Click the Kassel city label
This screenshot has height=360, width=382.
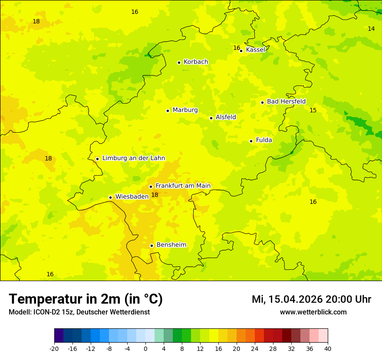pyautogui.click(x=255, y=50)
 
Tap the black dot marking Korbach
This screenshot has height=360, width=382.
pyautogui.click(x=179, y=62)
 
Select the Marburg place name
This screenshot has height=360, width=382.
pyautogui.click(x=185, y=110)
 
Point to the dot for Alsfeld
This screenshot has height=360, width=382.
pyautogui.click(x=211, y=118)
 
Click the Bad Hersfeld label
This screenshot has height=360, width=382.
pyautogui.click(x=286, y=101)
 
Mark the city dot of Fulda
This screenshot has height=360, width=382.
pyautogui.click(x=251, y=141)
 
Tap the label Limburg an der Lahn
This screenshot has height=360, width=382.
pyautogui.click(x=134, y=158)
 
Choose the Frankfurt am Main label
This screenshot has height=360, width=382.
pyautogui.click(x=183, y=186)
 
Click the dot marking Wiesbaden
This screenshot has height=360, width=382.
pyautogui.click(x=110, y=197)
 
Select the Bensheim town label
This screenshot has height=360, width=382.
pyautogui.click(x=171, y=245)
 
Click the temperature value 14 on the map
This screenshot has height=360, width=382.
pyautogui.click(x=371, y=29)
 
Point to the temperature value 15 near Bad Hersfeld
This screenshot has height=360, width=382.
pyautogui.click(x=313, y=110)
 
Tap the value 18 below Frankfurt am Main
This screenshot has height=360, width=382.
pyautogui.click(x=155, y=195)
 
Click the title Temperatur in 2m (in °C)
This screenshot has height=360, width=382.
pyautogui.click(x=86, y=299)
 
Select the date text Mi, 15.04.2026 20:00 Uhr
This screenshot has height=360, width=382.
pyautogui.click(x=311, y=299)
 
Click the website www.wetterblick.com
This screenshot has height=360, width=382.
pyautogui.click(x=313, y=312)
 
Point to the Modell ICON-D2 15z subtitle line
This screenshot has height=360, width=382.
pyautogui.click(x=79, y=312)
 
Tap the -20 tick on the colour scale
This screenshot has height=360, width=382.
pyautogui.click(x=54, y=349)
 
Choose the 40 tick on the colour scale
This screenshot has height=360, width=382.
pyautogui.click(x=327, y=349)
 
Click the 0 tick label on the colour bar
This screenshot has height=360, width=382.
pyautogui.click(x=145, y=349)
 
